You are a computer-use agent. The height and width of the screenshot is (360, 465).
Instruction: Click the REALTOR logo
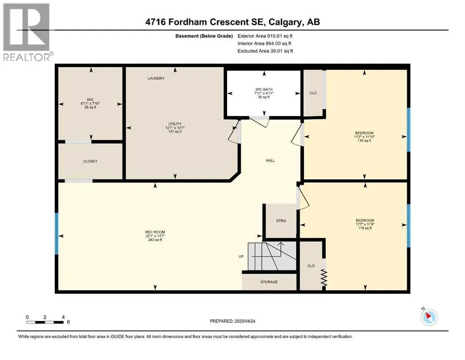pos(27,32)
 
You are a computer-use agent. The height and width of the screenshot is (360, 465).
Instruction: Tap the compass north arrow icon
pos(429,317)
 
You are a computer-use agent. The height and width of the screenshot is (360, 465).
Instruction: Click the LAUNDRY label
pos(156,78)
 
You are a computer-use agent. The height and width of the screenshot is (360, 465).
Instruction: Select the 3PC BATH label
pos(264,90)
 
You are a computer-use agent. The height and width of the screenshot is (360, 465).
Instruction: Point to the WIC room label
pos(90,100)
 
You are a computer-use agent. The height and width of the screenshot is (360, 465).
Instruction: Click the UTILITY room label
pos(175,124)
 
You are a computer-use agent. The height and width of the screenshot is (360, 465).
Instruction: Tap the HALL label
pos(270,161)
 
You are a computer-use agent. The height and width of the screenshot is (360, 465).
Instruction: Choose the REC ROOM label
pos(155,232)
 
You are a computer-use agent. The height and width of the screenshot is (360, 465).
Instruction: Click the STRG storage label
pos(281,221)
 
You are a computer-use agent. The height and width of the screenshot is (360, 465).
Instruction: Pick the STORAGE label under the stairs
pos(269,282)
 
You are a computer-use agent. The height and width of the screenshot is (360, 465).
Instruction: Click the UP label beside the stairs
pos(241,256)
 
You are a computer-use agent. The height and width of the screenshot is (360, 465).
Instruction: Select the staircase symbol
pos(272,256)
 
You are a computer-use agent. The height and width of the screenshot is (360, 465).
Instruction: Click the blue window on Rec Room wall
pos(57,233)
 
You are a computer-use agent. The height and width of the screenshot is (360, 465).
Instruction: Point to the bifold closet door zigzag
pos(324,278)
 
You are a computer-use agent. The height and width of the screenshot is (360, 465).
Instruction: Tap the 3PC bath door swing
pos(259,121)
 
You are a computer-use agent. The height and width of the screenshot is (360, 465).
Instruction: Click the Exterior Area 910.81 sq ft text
pos(265,36)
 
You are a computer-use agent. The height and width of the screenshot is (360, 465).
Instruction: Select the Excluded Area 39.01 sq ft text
pos(265,51)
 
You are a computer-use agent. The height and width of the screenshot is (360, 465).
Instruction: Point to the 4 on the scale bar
pos(63,317)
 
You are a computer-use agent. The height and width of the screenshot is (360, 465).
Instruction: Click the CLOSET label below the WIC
pos(90,161)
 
